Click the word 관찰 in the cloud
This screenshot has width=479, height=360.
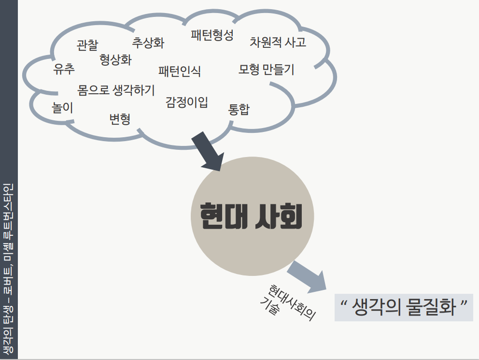[87, 45]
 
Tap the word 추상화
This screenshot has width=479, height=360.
[148, 43]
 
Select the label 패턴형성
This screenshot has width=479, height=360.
[212, 35]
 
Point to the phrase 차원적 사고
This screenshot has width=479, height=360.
[278, 42]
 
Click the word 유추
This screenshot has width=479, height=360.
[64, 69]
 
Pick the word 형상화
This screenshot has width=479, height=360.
[115, 60]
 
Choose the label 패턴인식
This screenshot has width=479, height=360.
[180, 72]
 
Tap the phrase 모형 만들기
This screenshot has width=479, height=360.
[266, 69]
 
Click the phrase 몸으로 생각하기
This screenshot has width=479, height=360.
[116, 90]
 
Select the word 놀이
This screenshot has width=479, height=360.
[63, 108]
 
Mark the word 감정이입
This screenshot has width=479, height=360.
[187, 102]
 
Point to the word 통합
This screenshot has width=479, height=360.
[239, 109]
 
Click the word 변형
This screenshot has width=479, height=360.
[120, 118]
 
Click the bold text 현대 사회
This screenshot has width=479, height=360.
[251, 216]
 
